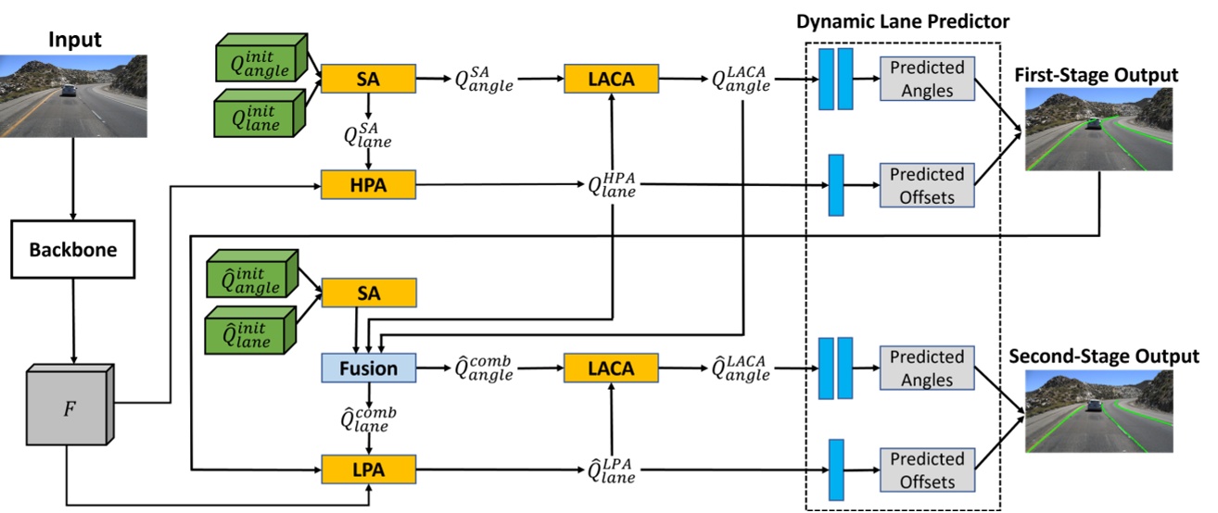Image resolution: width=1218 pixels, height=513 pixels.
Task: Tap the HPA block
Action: pyautogui.click(x=368, y=185)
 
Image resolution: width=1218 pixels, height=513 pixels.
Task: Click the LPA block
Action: pyautogui.click(x=368, y=470)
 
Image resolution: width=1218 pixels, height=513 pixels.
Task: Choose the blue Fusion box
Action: pyautogui.click(x=368, y=368)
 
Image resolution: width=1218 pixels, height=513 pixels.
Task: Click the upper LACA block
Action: pyautogui.click(x=611, y=80)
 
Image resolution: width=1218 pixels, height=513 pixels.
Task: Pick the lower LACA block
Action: pyautogui.click(x=611, y=368)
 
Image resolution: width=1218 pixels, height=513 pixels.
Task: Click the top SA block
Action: pyautogui.click(x=368, y=80)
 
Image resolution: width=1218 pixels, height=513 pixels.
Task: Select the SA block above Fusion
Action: pyautogui.click(x=368, y=294)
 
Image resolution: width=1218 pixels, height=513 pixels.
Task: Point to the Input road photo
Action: pyautogui.click(x=74, y=95)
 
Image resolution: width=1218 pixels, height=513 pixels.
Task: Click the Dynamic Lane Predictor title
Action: pyautogui.click(x=903, y=20)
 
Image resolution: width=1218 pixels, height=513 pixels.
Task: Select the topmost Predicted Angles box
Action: pyautogui.click(x=926, y=80)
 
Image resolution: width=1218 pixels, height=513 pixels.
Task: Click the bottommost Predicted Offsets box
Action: pyautogui.click(x=926, y=470)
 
